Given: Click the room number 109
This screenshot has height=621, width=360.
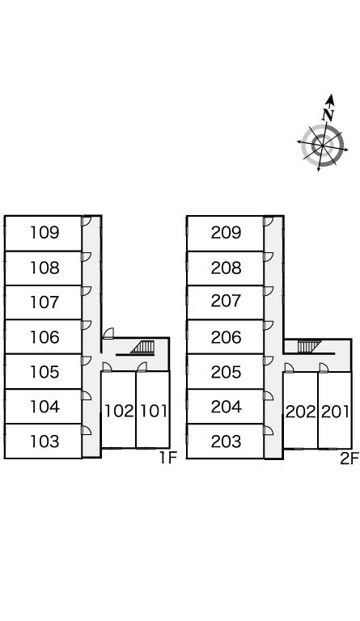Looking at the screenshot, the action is click(44, 233).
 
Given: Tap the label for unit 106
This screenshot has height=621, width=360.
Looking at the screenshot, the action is click(44, 337).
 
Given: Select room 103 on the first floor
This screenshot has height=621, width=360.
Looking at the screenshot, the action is click(44, 441).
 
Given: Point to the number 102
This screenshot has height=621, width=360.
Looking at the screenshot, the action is click(119, 411).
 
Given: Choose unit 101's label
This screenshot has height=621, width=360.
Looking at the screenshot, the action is click(154, 411).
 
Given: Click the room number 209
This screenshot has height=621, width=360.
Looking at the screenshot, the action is click(226, 233).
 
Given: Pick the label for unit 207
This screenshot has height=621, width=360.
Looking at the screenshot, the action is click(226, 301).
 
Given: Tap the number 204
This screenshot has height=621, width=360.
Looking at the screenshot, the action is click(226, 407).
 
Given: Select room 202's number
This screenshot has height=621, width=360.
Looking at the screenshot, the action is click(301, 412).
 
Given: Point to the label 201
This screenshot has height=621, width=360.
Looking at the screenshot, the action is click(335, 412).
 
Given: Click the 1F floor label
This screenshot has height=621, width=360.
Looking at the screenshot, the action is click(167, 458).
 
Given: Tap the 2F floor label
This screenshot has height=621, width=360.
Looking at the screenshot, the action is click(349, 458).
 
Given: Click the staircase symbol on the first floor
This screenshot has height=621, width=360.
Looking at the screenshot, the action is click(143, 347).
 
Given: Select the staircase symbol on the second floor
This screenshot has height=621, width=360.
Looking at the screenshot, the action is click(306, 347).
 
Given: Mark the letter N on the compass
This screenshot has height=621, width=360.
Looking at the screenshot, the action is click(328, 115).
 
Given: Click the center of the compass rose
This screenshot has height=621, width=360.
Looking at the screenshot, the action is click(322, 146).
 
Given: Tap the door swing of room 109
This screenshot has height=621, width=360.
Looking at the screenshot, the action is click(87, 222).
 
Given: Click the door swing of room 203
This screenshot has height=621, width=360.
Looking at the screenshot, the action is click(269, 430).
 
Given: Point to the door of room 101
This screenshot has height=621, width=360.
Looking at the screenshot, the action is click(142, 367).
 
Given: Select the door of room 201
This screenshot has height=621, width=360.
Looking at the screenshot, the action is click(324, 368).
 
